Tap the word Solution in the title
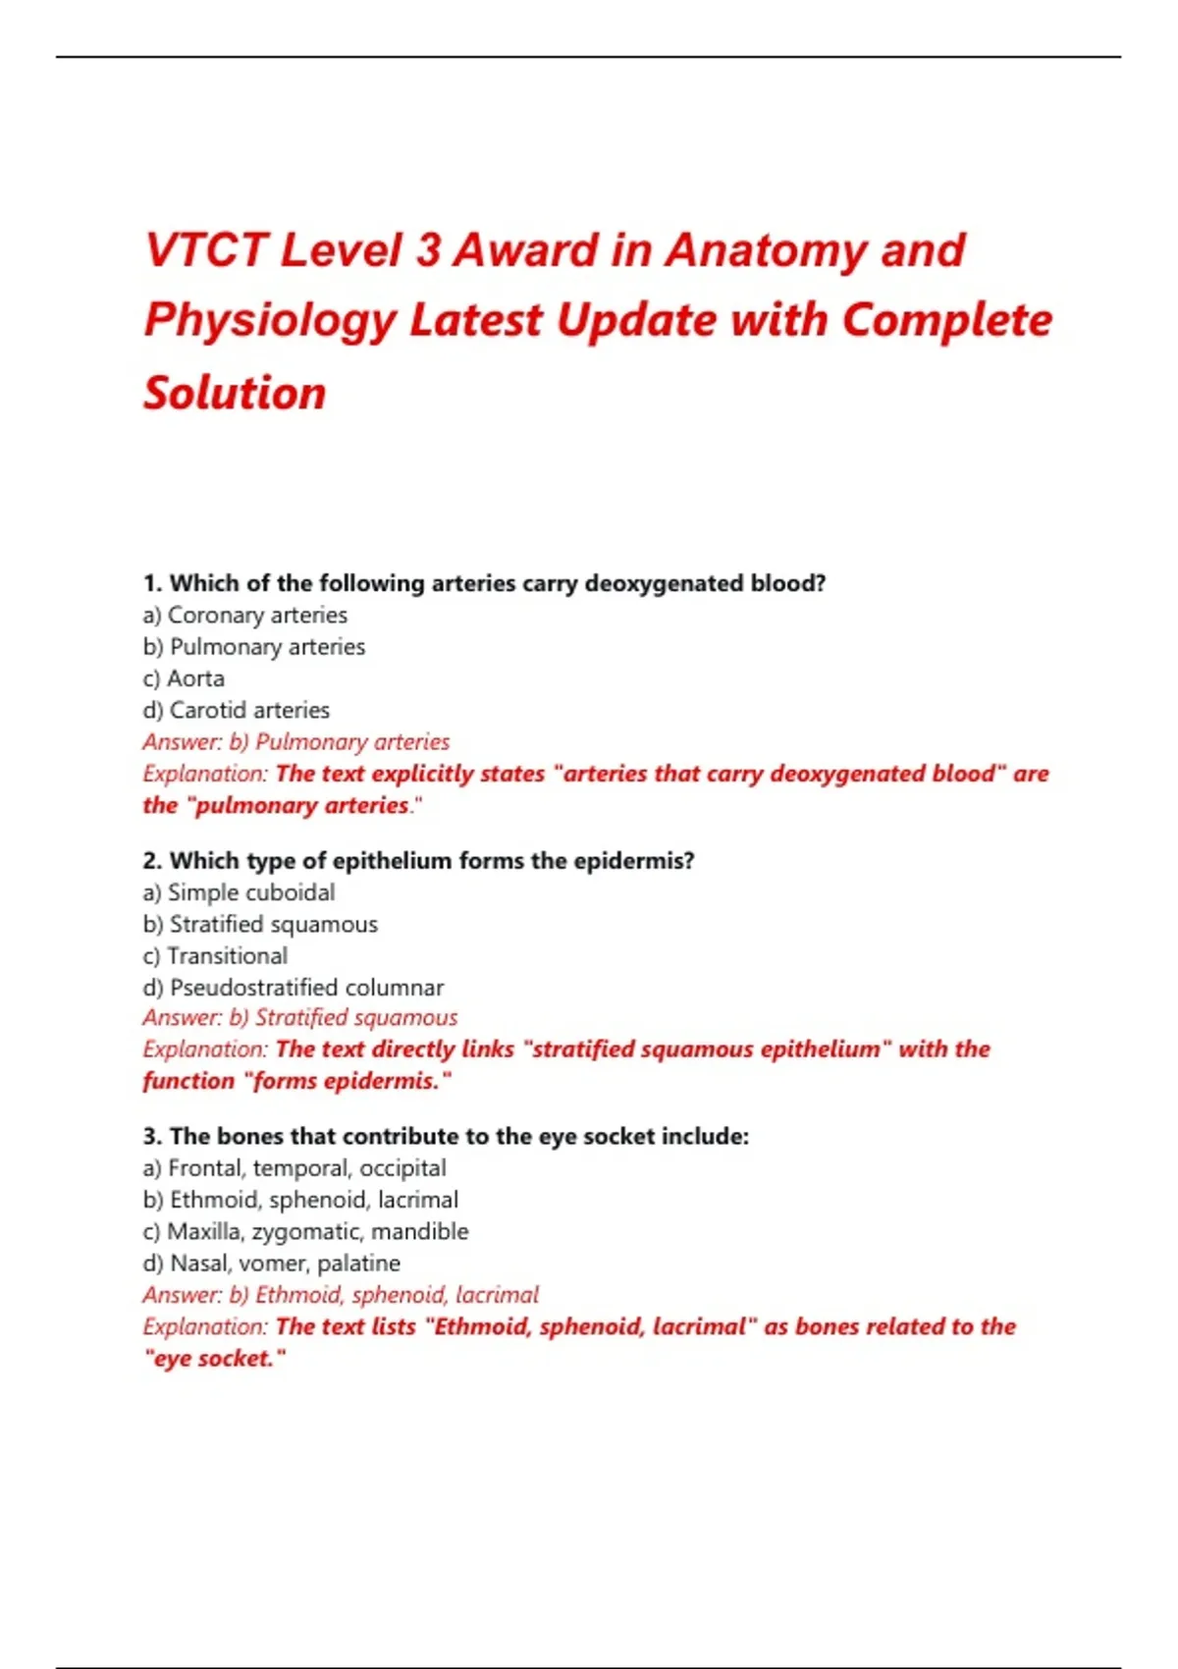click(x=235, y=393)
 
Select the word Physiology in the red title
click(x=269, y=321)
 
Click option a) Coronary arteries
click(x=245, y=616)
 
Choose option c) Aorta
click(x=184, y=678)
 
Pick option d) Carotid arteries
click(x=237, y=710)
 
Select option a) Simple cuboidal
click(x=239, y=892)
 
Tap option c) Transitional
click(x=216, y=956)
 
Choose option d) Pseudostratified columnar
click(x=294, y=988)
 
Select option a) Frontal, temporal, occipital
click(x=294, y=1168)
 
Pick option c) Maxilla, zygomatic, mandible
click(x=305, y=1232)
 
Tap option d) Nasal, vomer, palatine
click(x=272, y=1264)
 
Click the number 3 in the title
click(x=428, y=250)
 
